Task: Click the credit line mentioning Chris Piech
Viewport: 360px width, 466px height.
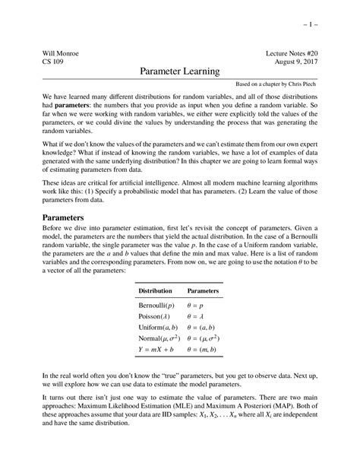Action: (x=277, y=84)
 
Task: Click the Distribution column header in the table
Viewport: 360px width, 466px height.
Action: (x=155, y=291)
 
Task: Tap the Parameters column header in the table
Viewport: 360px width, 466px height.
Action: (x=204, y=291)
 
